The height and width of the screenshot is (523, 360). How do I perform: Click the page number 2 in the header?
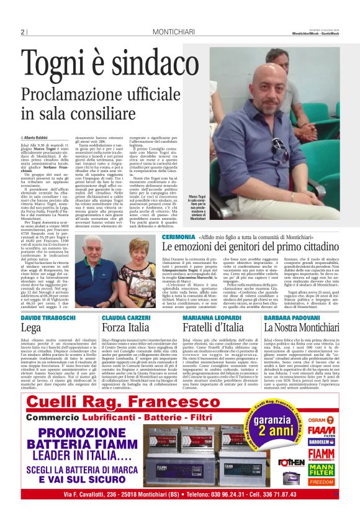tap(22, 32)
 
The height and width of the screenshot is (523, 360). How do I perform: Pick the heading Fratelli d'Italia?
tap(214, 327)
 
